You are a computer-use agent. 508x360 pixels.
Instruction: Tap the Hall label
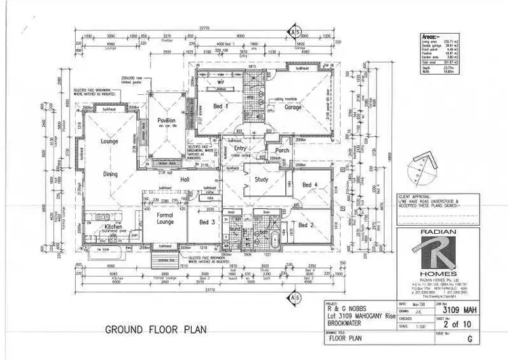point(184,179)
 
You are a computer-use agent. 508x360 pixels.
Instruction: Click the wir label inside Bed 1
point(220,82)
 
